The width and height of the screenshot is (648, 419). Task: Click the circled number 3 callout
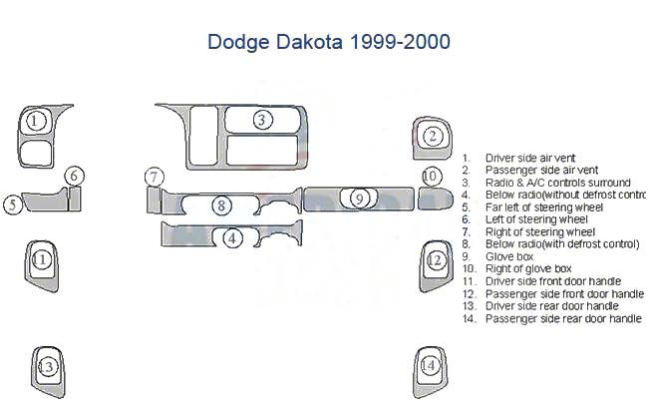coord(262,120)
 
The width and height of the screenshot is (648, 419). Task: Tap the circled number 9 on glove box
coord(359,199)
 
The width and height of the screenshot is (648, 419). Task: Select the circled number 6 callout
coord(75,176)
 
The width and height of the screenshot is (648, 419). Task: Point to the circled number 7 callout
coord(155,177)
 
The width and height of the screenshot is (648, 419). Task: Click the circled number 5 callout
coord(13,205)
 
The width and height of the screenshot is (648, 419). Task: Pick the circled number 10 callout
coord(431,177)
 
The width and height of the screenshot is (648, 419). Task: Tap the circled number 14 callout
coord(430,365)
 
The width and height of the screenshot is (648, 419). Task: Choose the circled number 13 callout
coord(47,366)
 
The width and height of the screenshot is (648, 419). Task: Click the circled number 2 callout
coord(433,136)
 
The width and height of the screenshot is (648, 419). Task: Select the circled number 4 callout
coord(232,238)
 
